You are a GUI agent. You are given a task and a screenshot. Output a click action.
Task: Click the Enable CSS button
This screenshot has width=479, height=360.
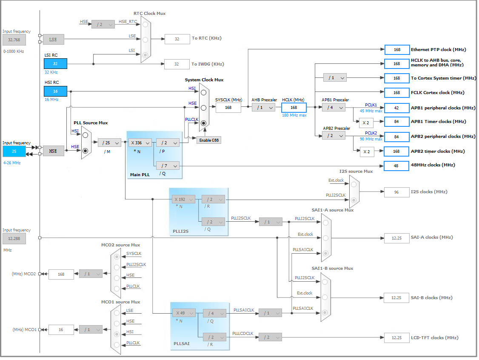[208, 140]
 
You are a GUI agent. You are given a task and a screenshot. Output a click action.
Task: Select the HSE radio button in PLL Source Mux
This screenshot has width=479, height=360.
[86, 151]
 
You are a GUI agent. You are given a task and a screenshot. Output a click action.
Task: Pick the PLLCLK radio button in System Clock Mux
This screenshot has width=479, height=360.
[204, 123]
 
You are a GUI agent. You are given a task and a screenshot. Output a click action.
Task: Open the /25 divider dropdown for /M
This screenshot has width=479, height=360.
[109, 143]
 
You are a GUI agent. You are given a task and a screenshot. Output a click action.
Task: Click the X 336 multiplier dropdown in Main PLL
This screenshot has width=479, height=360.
[140, 143]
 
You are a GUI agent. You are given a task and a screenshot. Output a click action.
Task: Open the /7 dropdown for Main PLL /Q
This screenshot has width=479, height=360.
[168, 166]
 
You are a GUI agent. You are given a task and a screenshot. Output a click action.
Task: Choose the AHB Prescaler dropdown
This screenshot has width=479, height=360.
[263, 108]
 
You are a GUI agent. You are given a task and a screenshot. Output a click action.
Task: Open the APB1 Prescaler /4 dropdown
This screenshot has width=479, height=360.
[334, 108]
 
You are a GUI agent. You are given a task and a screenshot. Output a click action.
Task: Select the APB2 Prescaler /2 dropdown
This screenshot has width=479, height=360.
[334, 135]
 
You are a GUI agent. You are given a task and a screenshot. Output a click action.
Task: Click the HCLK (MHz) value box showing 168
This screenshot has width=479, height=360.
[294, 108]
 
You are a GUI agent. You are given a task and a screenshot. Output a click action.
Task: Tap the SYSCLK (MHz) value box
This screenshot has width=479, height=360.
[228, 108]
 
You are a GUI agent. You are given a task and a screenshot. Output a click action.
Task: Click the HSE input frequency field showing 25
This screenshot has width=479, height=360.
[14, 151]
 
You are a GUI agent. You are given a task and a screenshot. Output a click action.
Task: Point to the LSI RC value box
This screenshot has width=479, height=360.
[55, 64]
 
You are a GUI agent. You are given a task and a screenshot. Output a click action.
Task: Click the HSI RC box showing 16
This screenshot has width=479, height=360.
[55, 91]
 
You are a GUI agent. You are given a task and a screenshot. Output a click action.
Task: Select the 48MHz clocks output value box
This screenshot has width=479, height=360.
[397, 166]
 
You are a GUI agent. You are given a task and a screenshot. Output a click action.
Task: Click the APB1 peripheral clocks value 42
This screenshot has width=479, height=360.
[397, 108]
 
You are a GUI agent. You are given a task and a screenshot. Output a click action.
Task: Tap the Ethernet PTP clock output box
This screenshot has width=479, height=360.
[397, 50]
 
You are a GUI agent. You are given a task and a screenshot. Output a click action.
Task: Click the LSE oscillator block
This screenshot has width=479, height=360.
[53, 40]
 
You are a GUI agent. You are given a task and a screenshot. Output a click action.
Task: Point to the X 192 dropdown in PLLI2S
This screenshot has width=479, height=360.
[183, 199]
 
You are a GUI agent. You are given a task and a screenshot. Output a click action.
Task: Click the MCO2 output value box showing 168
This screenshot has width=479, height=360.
[61, 274]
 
